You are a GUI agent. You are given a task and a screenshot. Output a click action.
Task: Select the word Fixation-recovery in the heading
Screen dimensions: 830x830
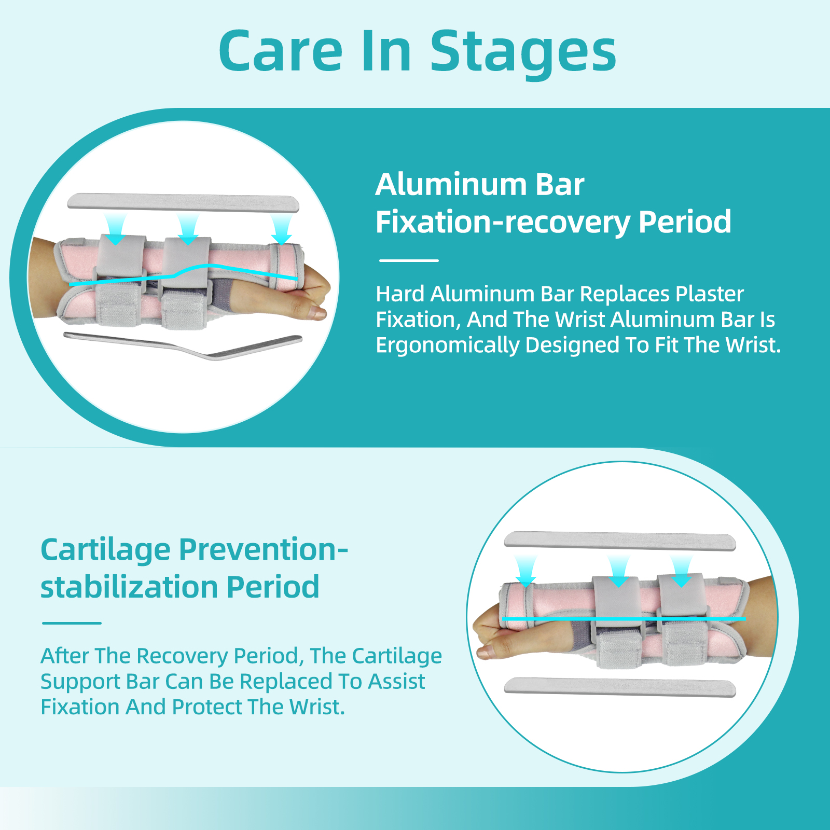(502, 222)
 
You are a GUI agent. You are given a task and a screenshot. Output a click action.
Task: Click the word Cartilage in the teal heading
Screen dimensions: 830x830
(105, 550)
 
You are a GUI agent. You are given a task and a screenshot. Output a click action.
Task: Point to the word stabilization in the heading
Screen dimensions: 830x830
(129, 587)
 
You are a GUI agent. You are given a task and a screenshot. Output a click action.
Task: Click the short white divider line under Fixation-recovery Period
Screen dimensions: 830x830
(409, 260)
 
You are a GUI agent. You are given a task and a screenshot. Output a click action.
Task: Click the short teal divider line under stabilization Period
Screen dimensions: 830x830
(72, 623)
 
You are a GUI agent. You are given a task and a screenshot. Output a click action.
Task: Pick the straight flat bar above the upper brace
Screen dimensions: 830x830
(183, 202)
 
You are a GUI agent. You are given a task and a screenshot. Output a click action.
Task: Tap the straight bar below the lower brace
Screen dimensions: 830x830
(620, 687)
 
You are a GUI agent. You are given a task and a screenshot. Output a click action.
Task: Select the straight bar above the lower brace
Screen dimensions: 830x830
(620, 541)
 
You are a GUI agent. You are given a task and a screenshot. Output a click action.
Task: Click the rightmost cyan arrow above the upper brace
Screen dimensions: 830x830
(282, 229)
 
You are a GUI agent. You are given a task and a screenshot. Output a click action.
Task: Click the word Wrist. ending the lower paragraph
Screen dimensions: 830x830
(317, 707)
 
